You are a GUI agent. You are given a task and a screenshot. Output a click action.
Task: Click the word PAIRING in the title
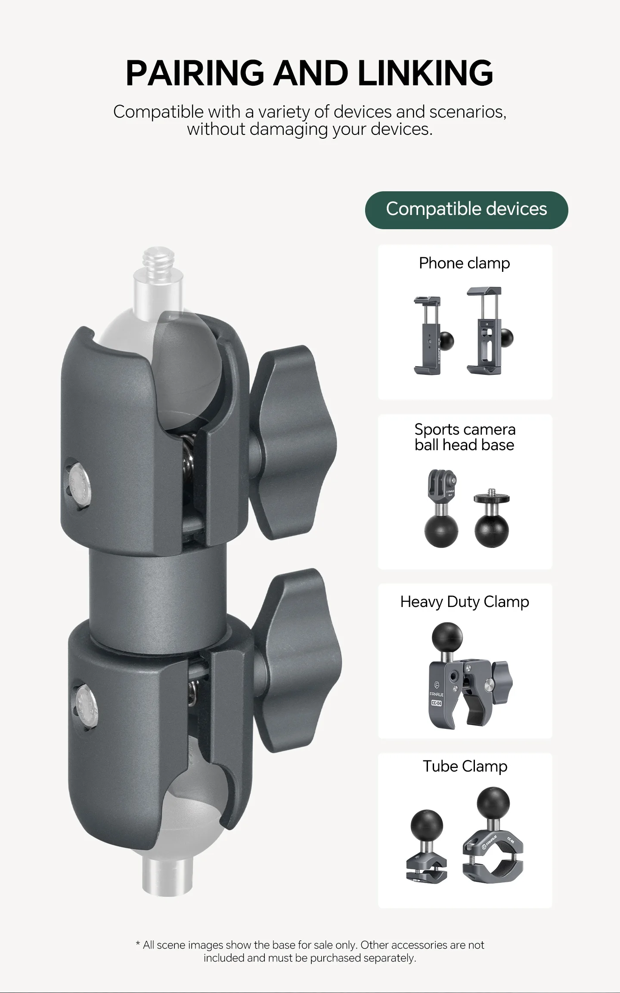point(194,72)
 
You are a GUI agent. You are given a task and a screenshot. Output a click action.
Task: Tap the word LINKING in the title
point(425,72)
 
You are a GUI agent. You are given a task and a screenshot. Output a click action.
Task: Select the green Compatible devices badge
point(466,210)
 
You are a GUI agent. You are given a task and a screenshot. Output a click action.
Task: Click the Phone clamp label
point(465,263)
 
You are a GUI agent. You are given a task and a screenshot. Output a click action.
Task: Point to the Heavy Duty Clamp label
point(465,602)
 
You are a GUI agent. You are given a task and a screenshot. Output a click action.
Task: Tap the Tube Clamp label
point(465,766)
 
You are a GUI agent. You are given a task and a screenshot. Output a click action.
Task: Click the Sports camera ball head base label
point(465,437)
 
